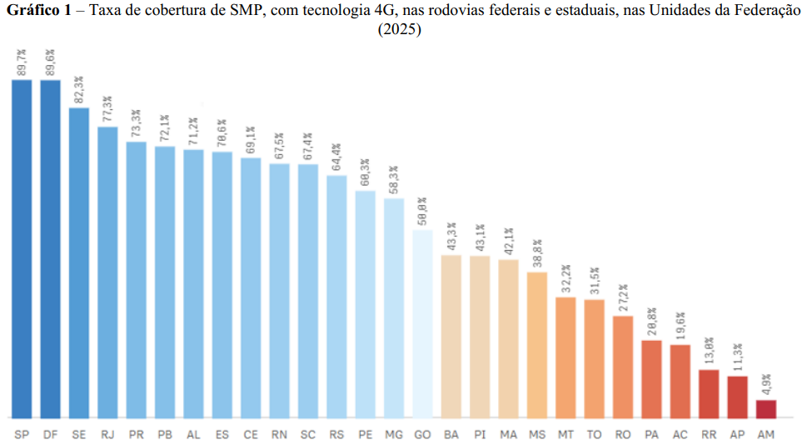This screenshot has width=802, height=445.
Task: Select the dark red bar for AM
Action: tap(766, 408)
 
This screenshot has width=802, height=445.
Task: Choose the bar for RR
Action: tap(709, 393)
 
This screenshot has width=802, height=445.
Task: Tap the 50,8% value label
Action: tap(423, 212)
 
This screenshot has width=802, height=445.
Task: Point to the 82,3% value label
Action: tap(79, 90)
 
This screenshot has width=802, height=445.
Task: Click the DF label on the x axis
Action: tap(50, 434)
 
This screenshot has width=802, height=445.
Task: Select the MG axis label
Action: tap(394, 434)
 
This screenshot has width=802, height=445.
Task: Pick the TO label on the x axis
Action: tap(595, 434)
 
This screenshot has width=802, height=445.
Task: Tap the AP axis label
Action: tap(738, 434)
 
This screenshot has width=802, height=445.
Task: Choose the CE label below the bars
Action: tap(251, 434)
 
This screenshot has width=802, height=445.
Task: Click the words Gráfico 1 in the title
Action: tap(37, 9)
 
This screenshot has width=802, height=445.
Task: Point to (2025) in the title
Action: tap(400, 29)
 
